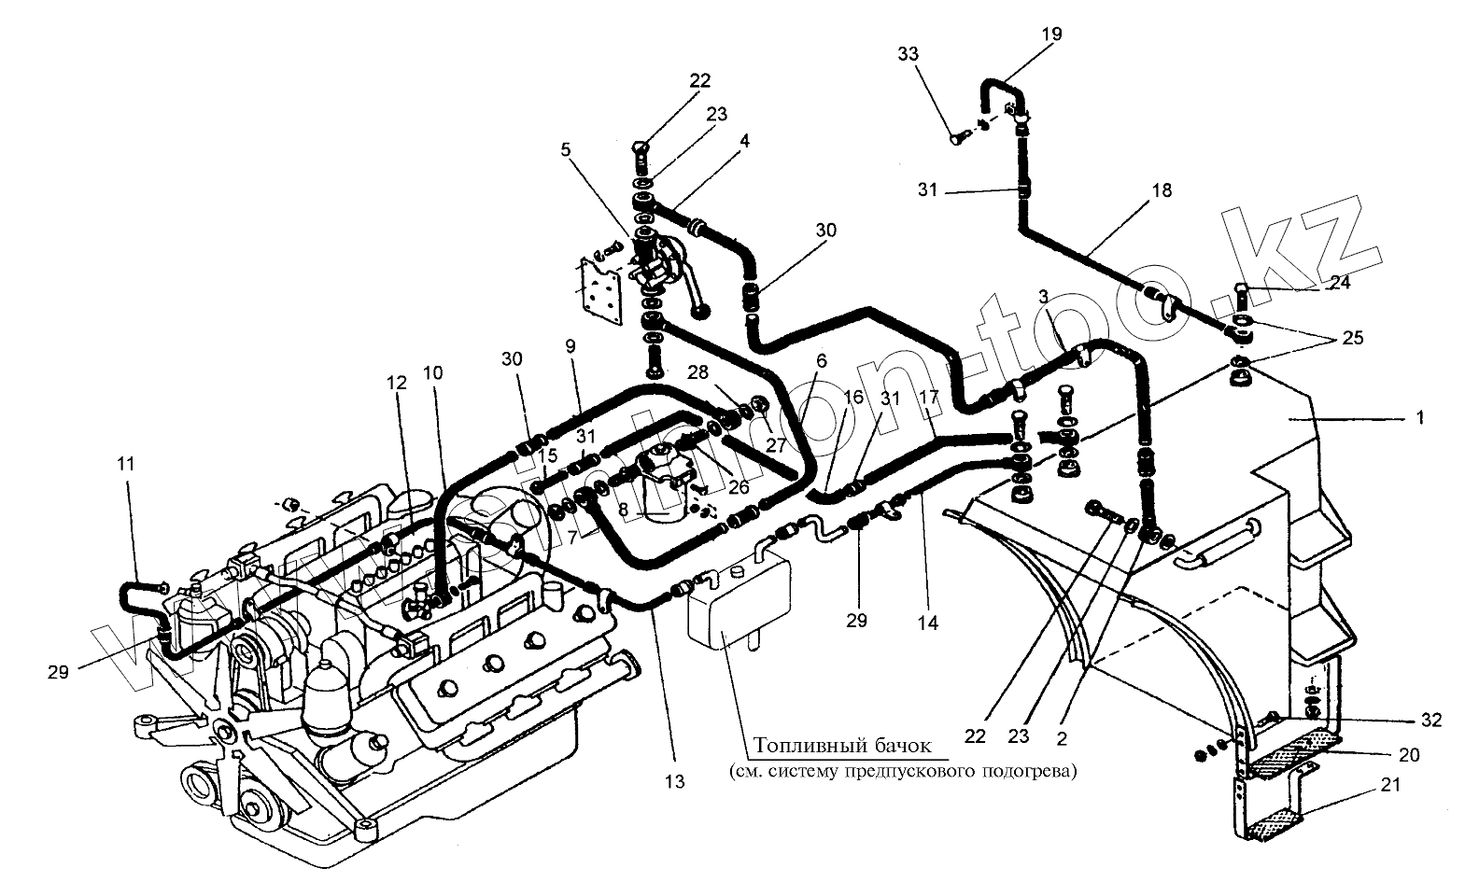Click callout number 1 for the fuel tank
[x=1420, y=419]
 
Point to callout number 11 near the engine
[x=126, y=462]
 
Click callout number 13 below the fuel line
[x=675, y=782]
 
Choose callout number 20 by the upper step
[x=1408, y=754]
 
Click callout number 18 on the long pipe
[x=1161, y=190]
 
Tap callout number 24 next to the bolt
[x=1341, y=282]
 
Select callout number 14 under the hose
[x=927, y=623]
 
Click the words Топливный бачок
[x=842, y=746]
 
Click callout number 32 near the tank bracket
[x=1430, y=721]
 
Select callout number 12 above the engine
[x=399, y=383]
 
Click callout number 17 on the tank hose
[x=927, y=396]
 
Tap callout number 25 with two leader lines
[x=1353, y=338]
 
